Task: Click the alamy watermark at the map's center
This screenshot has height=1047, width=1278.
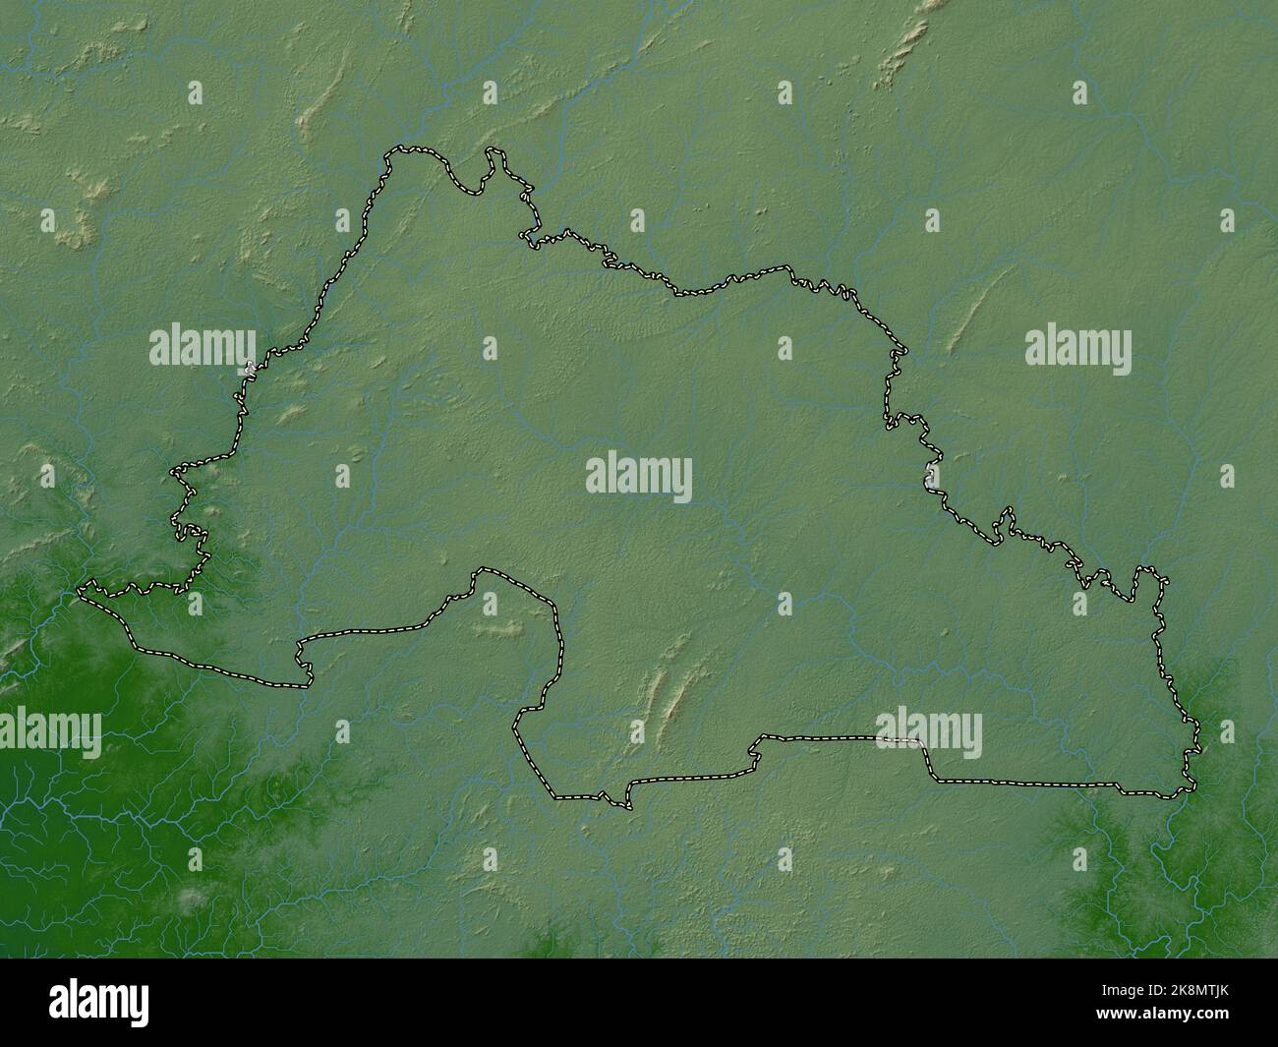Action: point(639,479)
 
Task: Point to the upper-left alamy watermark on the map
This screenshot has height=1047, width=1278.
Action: point(203,347)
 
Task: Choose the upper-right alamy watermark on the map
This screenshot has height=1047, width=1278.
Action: point(1077,347)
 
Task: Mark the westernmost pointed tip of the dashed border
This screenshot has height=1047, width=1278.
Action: point(82,589)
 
